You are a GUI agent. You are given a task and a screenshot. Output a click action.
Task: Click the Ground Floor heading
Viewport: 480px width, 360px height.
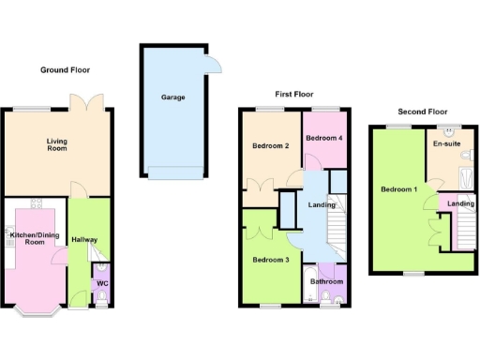(x=66, y=70)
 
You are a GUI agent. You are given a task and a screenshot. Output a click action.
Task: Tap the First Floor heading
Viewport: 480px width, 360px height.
(x=295, y=95)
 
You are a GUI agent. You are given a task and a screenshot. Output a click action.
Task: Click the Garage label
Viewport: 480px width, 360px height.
(x=172, y=97)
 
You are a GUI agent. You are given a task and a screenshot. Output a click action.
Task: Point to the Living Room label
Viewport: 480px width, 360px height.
(x=58, y=146)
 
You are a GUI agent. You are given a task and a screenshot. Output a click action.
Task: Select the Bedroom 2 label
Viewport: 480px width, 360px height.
(x=269, y=146)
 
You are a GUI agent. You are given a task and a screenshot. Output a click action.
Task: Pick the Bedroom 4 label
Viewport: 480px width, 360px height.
(x=323, y=139)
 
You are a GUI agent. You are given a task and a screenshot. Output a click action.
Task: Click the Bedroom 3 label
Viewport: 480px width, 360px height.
(x=269, y=260)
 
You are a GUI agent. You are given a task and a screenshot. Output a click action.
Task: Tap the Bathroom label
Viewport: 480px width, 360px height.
(x=327, y=281)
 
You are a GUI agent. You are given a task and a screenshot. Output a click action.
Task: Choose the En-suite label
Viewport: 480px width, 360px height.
(x=446, y=145)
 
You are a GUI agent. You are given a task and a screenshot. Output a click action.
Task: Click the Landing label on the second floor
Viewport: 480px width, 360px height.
(x=459, y=204)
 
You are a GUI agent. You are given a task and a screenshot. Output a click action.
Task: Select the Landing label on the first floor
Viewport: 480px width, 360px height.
(x=322, y=205)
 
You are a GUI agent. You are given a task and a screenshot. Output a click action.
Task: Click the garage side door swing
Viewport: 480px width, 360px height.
(x=216, y=63)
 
